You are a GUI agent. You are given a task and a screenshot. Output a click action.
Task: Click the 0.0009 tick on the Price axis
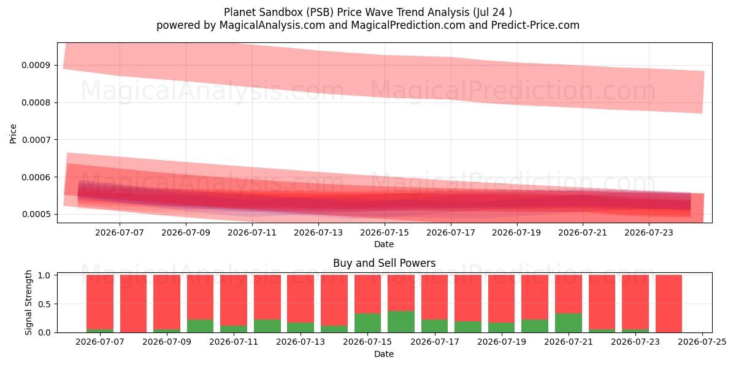coord(36,66)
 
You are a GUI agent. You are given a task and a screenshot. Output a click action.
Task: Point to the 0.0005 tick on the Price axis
coord(36,215)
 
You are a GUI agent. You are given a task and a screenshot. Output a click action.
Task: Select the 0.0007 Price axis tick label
coord(36,140)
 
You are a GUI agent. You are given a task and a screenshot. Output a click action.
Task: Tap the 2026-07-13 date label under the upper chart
coord(318,232)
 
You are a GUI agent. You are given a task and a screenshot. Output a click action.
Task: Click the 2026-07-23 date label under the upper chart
coord(649,232)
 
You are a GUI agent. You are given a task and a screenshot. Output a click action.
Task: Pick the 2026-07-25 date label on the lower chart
coord(702,342)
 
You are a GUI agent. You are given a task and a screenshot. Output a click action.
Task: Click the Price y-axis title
coord(13,134)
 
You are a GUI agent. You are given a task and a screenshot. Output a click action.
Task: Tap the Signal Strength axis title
coord(28,302)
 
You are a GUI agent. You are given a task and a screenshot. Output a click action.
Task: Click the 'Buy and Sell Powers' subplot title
coord(384,263)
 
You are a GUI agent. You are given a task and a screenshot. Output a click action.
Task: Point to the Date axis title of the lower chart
coord(384,354)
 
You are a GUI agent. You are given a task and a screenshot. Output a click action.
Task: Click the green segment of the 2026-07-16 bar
coord(401,321)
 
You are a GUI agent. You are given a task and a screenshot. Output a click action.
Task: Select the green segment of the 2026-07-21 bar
coord(569,323)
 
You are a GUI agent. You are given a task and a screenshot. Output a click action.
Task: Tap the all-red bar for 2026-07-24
coord(669,304)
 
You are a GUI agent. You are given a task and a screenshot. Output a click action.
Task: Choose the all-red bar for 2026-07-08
coord(133,304)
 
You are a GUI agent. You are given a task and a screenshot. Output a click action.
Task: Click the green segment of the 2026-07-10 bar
coord(200,326)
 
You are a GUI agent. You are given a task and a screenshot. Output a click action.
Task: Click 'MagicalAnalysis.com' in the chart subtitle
coord(272,25)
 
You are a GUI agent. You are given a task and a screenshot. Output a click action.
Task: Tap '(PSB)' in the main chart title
coord(320,12)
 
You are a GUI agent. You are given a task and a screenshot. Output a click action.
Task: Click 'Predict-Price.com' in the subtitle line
coord(535,25)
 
